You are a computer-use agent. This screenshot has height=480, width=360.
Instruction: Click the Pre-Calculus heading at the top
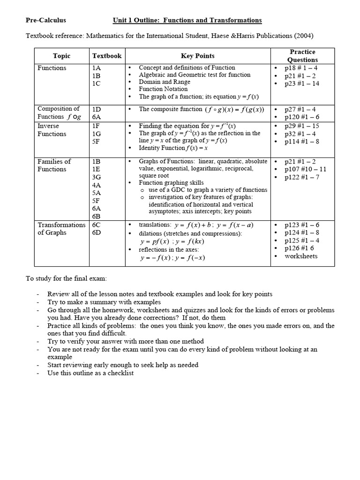coord(45,20)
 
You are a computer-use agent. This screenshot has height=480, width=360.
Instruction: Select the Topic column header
coord(61,56)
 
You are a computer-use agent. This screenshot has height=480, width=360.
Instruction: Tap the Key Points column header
coord(197,56)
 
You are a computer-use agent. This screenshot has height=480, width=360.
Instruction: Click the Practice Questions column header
coord(302,56)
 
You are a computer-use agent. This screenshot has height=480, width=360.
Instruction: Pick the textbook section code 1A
coord(97,68)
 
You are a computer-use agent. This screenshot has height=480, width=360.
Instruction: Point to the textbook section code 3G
coord(97,177)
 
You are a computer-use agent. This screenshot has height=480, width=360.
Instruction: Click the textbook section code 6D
coord(97,232)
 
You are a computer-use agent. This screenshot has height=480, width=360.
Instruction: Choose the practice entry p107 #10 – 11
coord(305,169)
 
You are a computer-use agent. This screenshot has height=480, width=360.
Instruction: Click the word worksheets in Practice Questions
coord(301,256)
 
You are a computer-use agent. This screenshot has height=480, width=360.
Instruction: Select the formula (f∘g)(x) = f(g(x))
coord(234,110)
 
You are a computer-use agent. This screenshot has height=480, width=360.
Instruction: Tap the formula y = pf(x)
coord(154,242)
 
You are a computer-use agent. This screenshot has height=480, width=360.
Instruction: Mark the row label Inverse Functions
coord(52,130)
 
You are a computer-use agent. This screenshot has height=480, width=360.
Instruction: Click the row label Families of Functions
coord(54,165)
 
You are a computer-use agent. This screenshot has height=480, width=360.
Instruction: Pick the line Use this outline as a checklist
coord(90,373)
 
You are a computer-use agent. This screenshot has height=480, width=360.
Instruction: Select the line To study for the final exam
coord(66,279)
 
